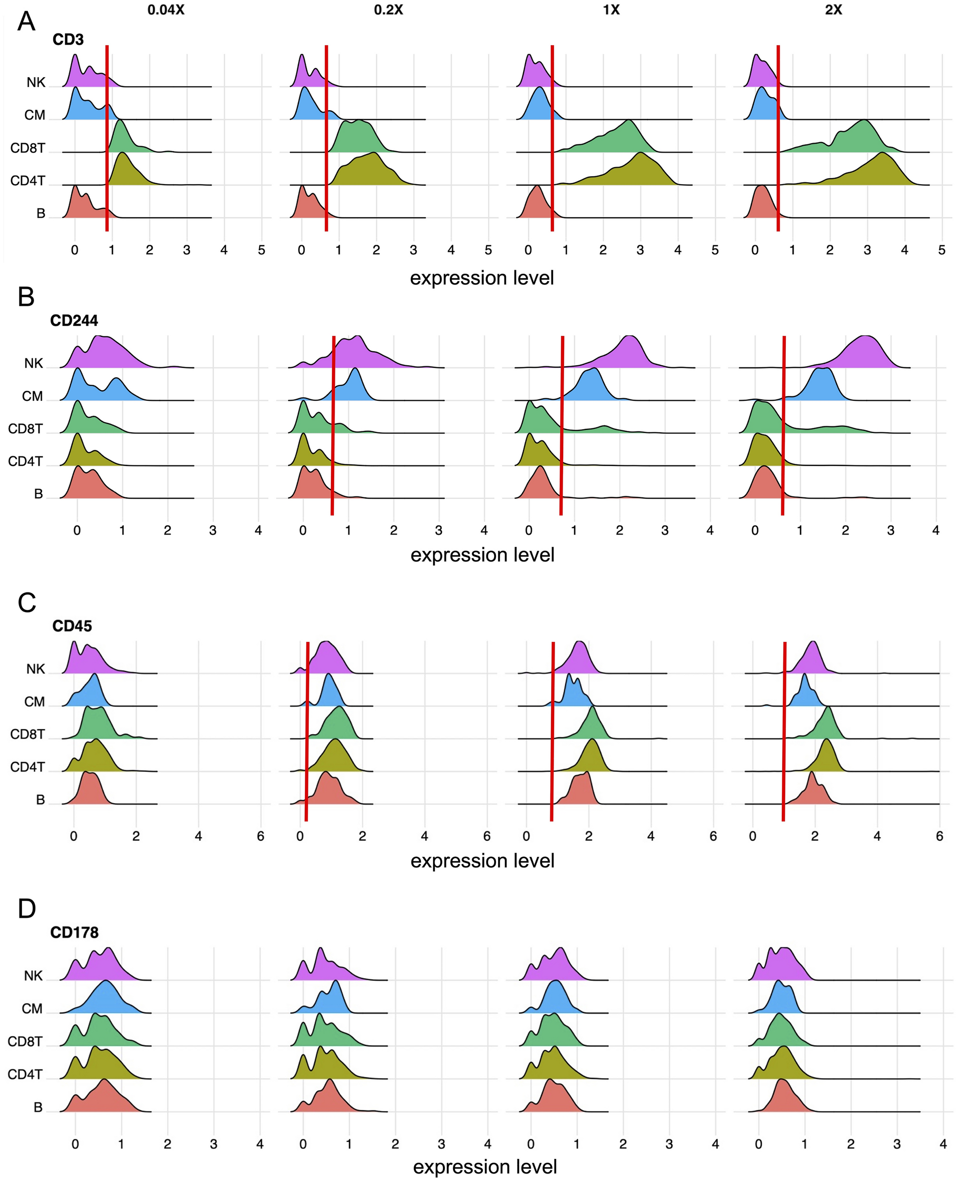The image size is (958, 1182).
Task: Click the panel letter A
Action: click(x=26, y=22)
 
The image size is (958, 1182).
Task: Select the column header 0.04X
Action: click(x=166, y=10)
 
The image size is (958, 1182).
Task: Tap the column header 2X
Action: click(x=833, y=10)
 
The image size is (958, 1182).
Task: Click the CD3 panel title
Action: click(x=68, y=40)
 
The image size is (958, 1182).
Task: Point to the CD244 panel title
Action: click(x=74, y=321)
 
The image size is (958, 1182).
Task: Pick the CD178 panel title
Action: click(x=74, y=933)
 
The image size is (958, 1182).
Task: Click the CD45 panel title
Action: click(x=72, y=626)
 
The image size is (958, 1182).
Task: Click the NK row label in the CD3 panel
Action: click(x=36, y=83)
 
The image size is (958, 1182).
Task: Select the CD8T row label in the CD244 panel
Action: click(x=25, y=429)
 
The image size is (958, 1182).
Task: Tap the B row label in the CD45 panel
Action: click(x=40, y=800)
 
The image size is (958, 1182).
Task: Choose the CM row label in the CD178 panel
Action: click(x=32, y=1009)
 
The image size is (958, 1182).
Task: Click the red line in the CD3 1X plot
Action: click(x=552, y=138)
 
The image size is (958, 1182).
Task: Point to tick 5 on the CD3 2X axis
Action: click(x=941, y=250)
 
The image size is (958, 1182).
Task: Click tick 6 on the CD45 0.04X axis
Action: click(x=260, y=836)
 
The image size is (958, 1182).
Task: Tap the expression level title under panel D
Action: click(x=485, y=1166)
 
